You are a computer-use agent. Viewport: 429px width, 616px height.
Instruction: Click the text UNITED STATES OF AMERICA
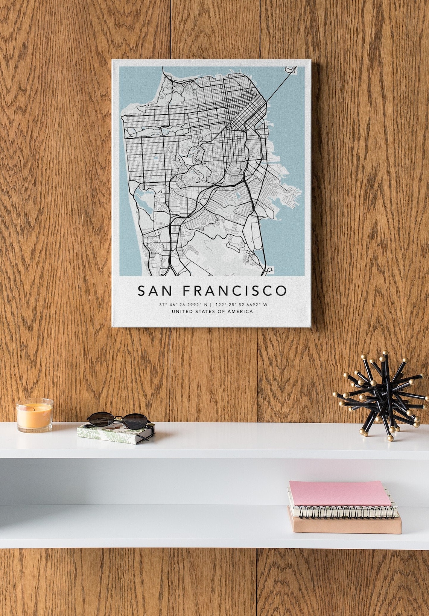(212, 312)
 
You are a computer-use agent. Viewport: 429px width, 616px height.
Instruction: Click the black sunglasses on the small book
(118, 419)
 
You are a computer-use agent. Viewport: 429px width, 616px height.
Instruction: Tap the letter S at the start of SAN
(142, 291)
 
